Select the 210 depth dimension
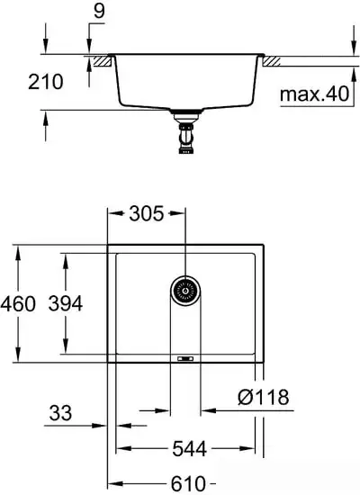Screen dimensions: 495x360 45,82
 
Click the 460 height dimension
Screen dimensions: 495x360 19,304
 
